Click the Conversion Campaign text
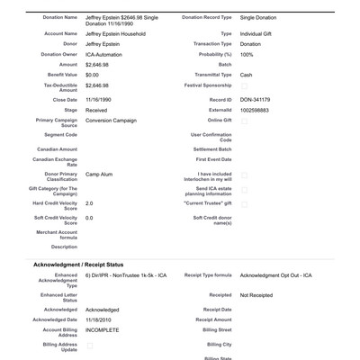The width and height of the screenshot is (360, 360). tap(116, 121)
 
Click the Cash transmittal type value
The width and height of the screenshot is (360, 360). tap(247, 75)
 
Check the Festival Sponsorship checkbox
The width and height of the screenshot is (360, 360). tap(244, 86)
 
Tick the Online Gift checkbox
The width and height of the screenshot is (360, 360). tap(244, 121)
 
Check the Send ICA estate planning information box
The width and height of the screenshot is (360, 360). tap(244, 189)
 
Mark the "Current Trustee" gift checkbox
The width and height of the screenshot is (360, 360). tap(244, 204)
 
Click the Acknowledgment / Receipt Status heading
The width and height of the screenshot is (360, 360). tap(91, 264)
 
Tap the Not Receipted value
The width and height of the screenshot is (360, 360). tap(258, 294)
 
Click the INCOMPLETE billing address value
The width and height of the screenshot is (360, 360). tap(102, 330)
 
